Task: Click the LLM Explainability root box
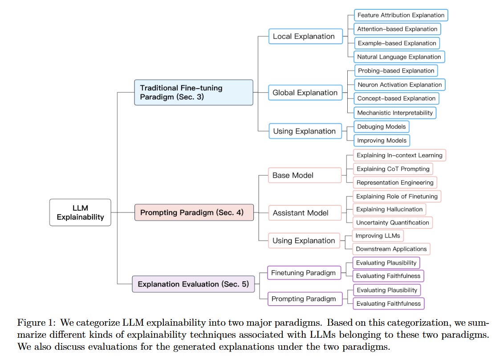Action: tap(80, 213)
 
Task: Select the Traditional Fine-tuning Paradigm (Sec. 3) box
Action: tap(193, 92)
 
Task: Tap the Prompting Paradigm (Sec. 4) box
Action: tap(194, 213)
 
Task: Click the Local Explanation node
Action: tap(305, 37)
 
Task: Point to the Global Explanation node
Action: tap(305, 93)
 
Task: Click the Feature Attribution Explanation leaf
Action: tap(401, 15)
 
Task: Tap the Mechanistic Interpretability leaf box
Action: tap(395, 113)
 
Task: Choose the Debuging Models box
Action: tap(381, 127)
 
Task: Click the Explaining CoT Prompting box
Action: tap(393, 169)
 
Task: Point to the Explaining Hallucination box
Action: tap(389, 209)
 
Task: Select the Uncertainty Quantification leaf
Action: tap(393, 222)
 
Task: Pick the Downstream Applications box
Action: tap(391, 249)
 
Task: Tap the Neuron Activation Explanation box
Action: tap(399, 85)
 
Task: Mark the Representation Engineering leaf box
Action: tap(395, 182)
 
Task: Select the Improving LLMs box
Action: tap(378, 236)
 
